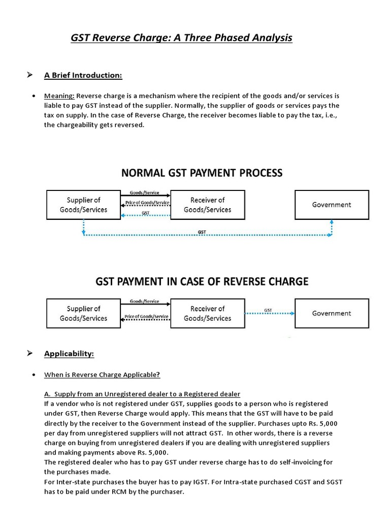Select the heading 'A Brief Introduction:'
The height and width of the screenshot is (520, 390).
pos(83,75)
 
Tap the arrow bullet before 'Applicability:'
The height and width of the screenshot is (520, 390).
pos(30,353)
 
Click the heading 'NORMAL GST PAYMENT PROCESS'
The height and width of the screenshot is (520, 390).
pos(202,173)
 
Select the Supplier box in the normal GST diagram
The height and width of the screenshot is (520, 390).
pos(84,205)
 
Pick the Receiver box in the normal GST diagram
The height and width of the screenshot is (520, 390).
pos(207,205)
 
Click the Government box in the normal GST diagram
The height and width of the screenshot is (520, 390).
pos(331,205)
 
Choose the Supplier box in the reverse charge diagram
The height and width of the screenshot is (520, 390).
pos(84,313)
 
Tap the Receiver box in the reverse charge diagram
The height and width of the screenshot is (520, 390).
pos(207,313)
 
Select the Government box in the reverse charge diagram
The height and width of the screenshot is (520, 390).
pos(331,313)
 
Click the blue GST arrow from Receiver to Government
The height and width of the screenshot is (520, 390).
pos(270,314)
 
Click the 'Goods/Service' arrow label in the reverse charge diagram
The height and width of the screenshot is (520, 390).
pos(144,301)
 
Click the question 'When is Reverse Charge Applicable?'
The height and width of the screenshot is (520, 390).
pos(102,375)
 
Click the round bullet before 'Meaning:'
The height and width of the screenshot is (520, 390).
pos(33,96)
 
